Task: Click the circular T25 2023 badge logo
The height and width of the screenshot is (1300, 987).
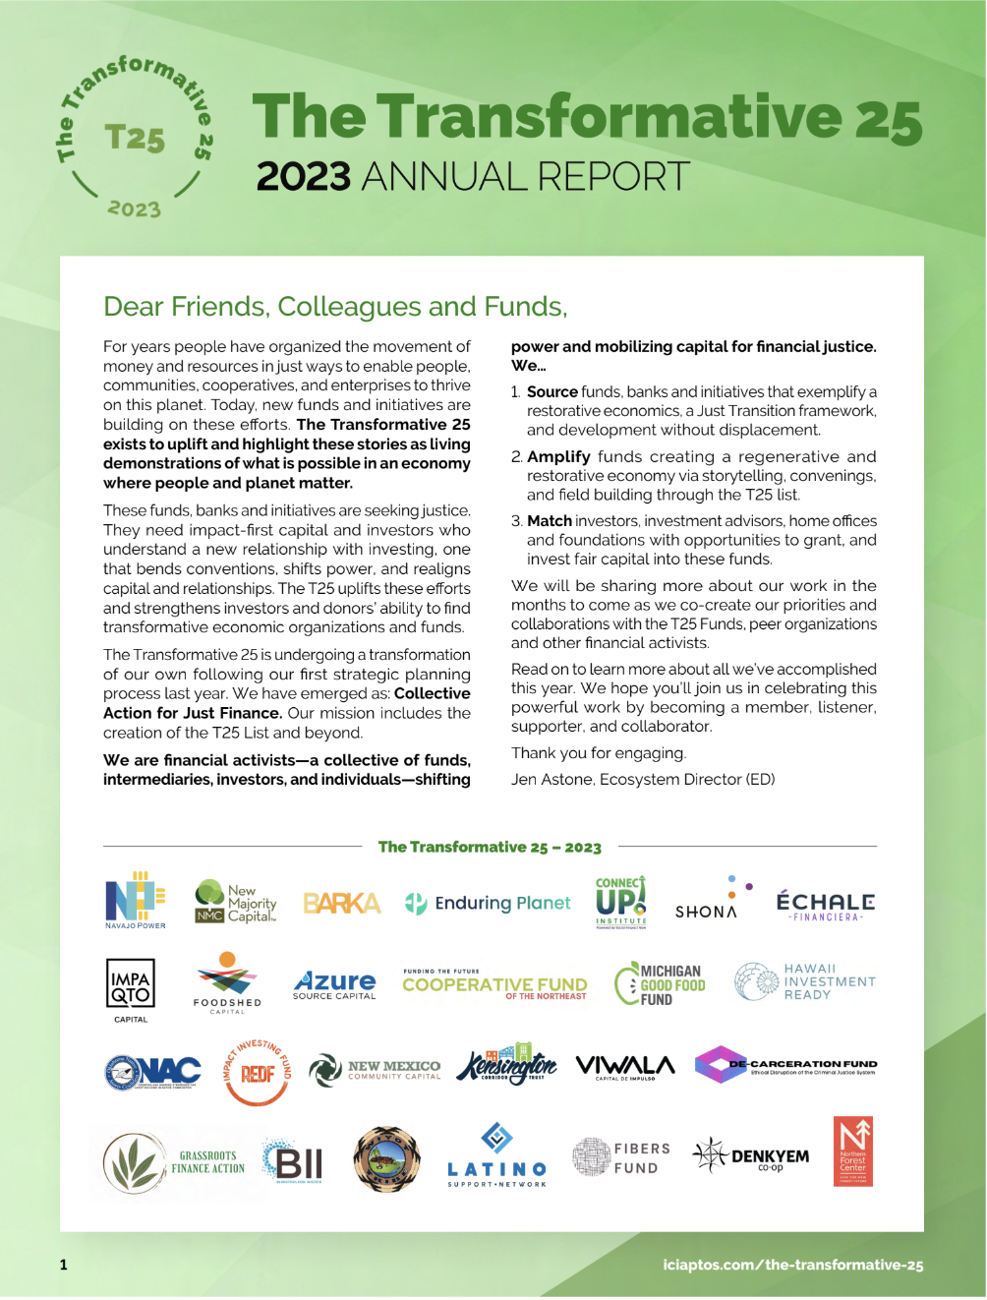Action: (x=135, y=137)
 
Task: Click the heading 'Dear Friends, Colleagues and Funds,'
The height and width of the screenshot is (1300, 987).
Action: (x=335, y=307)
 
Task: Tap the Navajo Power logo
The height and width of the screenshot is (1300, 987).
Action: (x=136, y=900)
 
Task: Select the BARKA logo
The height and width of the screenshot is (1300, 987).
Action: (x=341, y=904)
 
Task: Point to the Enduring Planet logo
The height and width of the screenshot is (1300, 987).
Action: (x=489, y=903)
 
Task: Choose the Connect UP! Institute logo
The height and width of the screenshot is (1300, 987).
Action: (x=621, y=901)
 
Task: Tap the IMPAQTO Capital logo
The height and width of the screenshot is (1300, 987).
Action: (x=131, y=988)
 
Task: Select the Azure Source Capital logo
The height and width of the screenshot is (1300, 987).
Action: (x=334, y=984)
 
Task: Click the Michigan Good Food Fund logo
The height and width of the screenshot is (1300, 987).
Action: (x=661, y=984)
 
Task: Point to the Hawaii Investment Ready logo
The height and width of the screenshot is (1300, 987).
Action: (x=805, y=981)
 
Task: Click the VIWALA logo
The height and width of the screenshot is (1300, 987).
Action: (x=625, y=1067)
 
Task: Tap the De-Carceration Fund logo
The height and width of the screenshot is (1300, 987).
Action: (x=785, y=1065)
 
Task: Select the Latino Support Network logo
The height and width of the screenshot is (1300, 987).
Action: (x=496, y=1156)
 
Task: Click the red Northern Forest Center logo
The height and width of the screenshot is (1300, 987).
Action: (x=852, y=1152)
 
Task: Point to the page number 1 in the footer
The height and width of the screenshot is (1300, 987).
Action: (x=64, y=1265)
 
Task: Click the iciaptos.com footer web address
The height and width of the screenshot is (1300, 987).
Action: (x=792, y=1266)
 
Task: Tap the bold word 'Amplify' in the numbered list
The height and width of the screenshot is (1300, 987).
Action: (x=558, y=457)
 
